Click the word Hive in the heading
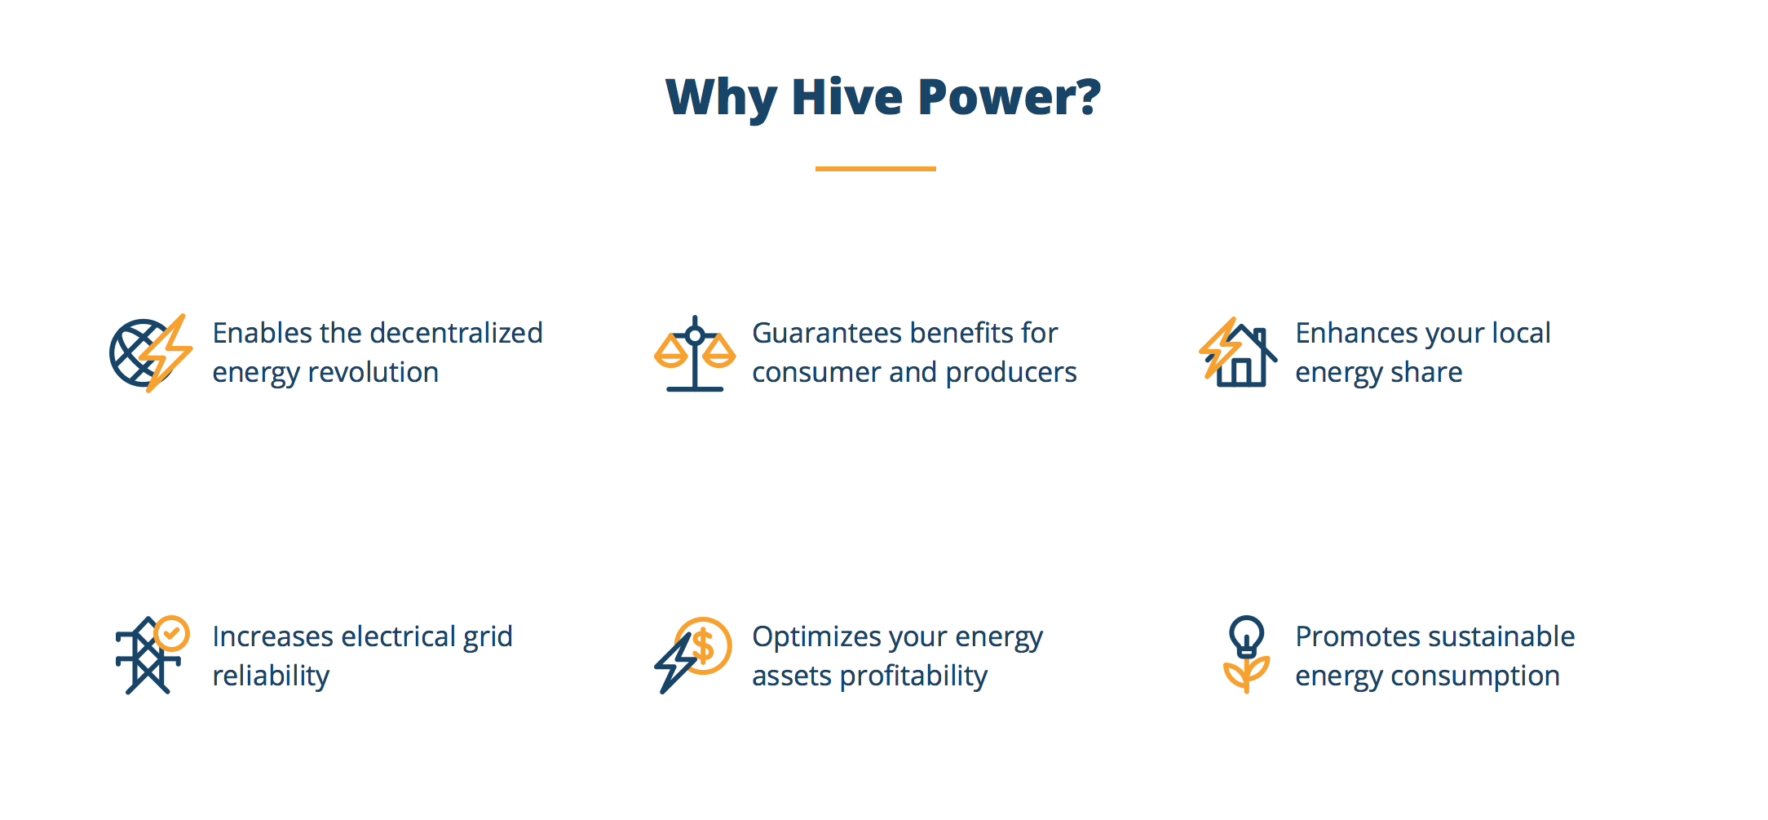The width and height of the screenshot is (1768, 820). pos(847,97)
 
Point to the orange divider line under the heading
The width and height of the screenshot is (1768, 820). pos(875,168)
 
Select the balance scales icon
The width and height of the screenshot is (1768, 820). pos(695,353)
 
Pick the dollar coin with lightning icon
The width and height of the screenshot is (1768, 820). pos(692,655)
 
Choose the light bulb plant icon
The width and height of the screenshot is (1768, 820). pos(1246,654)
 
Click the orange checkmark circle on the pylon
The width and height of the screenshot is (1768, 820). pos(172,633)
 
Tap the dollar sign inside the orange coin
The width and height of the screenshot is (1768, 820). pos(703,646)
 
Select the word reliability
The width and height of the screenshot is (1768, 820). pos(272,676)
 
